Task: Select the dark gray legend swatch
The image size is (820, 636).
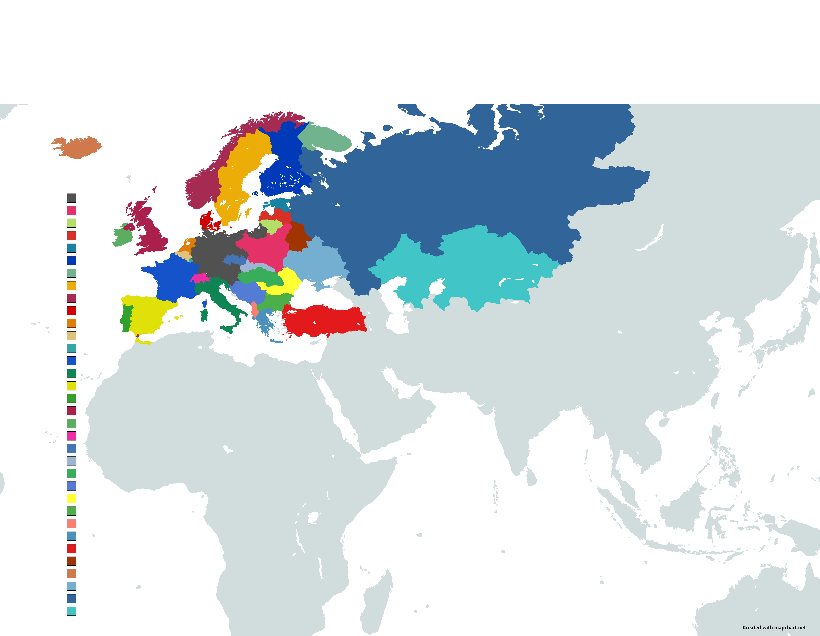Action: click(x=71, y=198)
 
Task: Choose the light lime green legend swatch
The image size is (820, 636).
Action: click(x=71, y=223)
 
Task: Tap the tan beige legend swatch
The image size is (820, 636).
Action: click(x=71, y=336)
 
